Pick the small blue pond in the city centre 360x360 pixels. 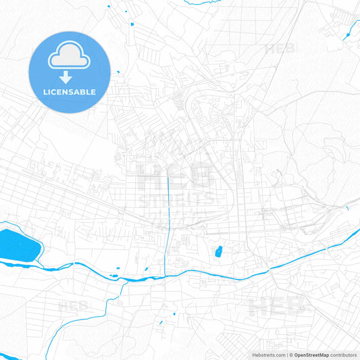click(219, 253)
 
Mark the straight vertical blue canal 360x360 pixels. click(168, 203)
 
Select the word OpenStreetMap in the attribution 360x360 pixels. click(311, 354)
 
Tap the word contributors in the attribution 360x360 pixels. click(343, 354)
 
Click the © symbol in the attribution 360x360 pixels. click(291, 354)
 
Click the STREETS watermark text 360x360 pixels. click(177, 199)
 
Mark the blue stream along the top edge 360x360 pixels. click(108, 7)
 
